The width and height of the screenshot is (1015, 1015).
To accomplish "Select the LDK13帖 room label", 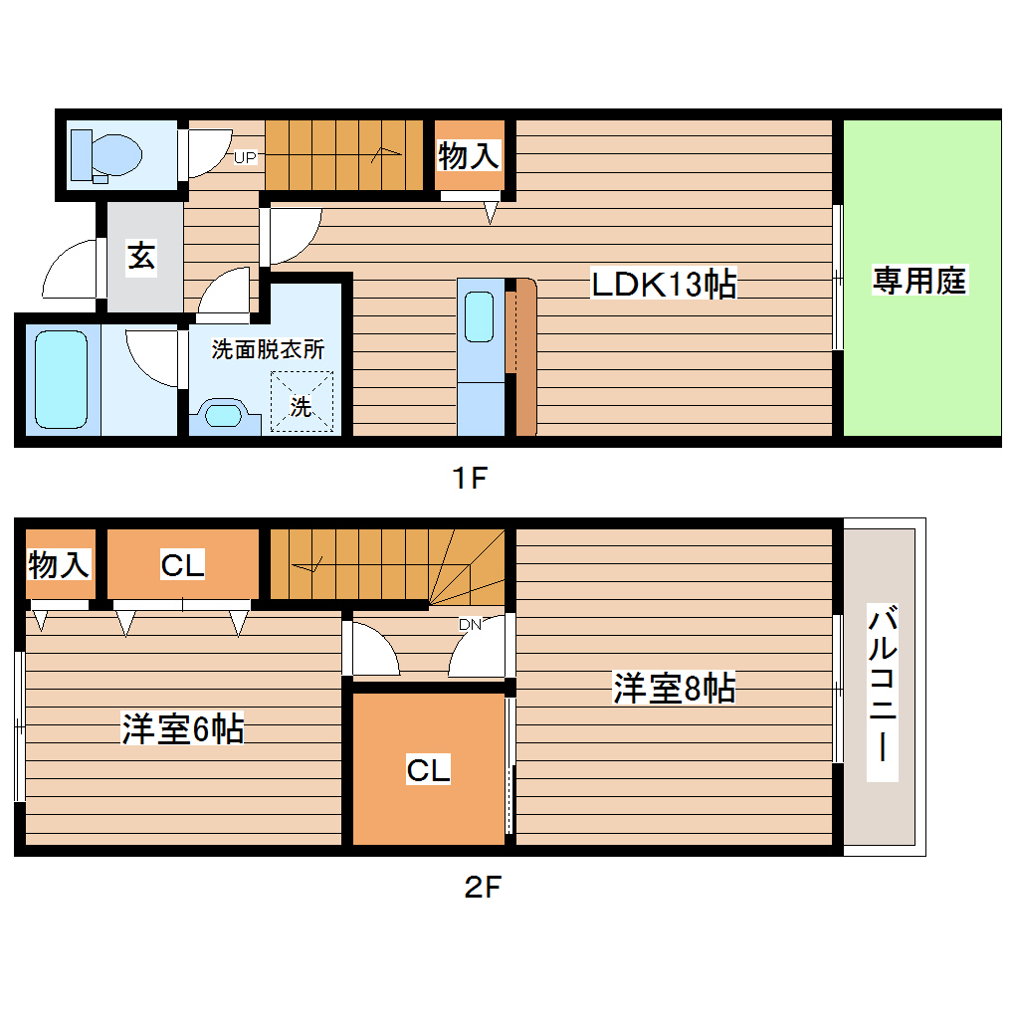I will coord(664,285).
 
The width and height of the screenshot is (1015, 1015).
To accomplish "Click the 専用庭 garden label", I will coord(920,282).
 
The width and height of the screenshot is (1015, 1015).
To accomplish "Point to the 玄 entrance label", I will coord(140,257).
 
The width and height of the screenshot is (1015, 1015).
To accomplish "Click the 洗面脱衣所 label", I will coord(267,350).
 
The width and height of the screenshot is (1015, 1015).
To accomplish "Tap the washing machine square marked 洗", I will coord(302,404).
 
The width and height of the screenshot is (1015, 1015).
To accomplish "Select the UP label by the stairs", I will coord(245,157).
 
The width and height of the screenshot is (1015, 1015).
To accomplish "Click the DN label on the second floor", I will coord(470,624).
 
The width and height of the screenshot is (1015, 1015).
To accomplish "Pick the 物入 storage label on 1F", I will coord(469,155).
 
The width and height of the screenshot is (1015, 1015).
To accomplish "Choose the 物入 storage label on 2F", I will coord(59,565).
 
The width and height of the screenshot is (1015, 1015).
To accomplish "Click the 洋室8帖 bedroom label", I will coord(674,688).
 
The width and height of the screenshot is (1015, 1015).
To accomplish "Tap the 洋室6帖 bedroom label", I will coord(182,729).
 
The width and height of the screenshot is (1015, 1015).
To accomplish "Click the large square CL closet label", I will coord(428,769).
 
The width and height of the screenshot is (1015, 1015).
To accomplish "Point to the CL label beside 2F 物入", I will coord(183,565).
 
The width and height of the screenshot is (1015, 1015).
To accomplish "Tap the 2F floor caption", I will coord(481,885).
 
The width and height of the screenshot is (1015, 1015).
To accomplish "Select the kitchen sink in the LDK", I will coord(480,316).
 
